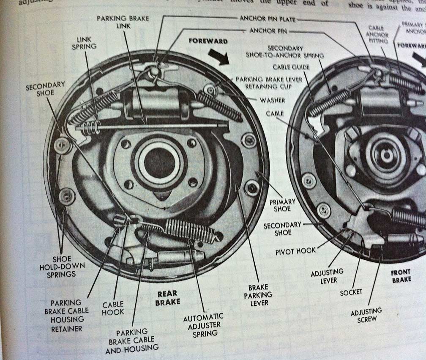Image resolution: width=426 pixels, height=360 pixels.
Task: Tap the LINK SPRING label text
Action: (x=84, y=42)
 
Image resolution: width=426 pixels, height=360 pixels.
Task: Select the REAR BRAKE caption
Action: (x=168, y=297)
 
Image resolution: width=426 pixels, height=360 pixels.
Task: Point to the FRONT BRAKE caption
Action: (x=401, y=277)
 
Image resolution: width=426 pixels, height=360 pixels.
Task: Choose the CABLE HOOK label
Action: (x=113, y=308)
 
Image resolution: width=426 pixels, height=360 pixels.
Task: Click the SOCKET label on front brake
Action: (x=351, y=292)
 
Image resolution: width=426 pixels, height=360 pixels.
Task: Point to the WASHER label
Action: (x=272, y=100)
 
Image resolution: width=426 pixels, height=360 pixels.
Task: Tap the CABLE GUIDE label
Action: (x=291, y=67)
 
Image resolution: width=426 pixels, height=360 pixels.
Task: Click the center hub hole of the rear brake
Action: (x=159, y=162)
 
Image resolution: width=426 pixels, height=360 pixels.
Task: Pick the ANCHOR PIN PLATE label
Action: (x=267, y=19)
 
